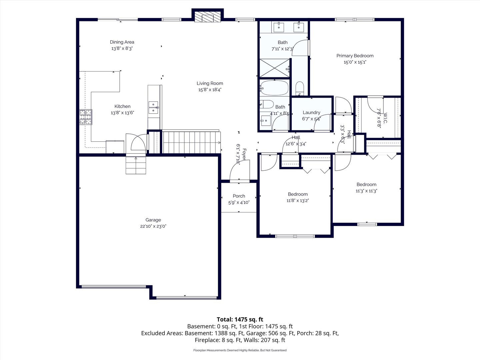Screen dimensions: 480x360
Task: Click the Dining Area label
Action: pyautogui.click(x=122, y=42)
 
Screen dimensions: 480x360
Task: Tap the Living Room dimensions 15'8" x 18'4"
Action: pyautogui.click(x=210, y=90)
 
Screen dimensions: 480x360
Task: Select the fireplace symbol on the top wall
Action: pyautogui.click(x=208, y=17)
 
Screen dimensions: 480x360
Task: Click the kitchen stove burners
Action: pyautogui.click(x=86, y=117)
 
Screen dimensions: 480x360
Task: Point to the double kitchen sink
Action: pyautogui.click(x=154, y=108)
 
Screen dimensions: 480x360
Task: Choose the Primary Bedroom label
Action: pyautogui.click(x=355, y=56)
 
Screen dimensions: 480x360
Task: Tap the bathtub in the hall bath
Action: pyautogui.click(x=274, y=88)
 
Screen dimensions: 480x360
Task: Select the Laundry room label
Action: pyautogui.click(x=311, y=112)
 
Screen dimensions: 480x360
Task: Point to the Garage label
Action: pyautogui.click(x=153, y=220)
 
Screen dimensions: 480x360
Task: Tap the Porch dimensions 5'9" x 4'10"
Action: pyautogui.click(x=239, y=202)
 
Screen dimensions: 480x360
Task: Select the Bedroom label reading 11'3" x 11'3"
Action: pyautogui.click(x=366, y=184)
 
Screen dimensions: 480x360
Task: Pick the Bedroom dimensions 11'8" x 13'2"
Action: pyautogui.click(x=298, y=200)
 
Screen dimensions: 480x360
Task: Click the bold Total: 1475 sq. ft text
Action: pyautogui.click(x=240, y=319)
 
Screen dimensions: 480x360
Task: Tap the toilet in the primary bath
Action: pyautogui.click(x=300, y=89)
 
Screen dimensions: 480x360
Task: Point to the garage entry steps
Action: pyautogui.click(x=136, y=165)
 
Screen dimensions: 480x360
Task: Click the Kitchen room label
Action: pyautogui.click(x=122, y=106)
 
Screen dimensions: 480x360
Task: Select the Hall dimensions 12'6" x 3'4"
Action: pyautogui.click(x=296, y=144)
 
